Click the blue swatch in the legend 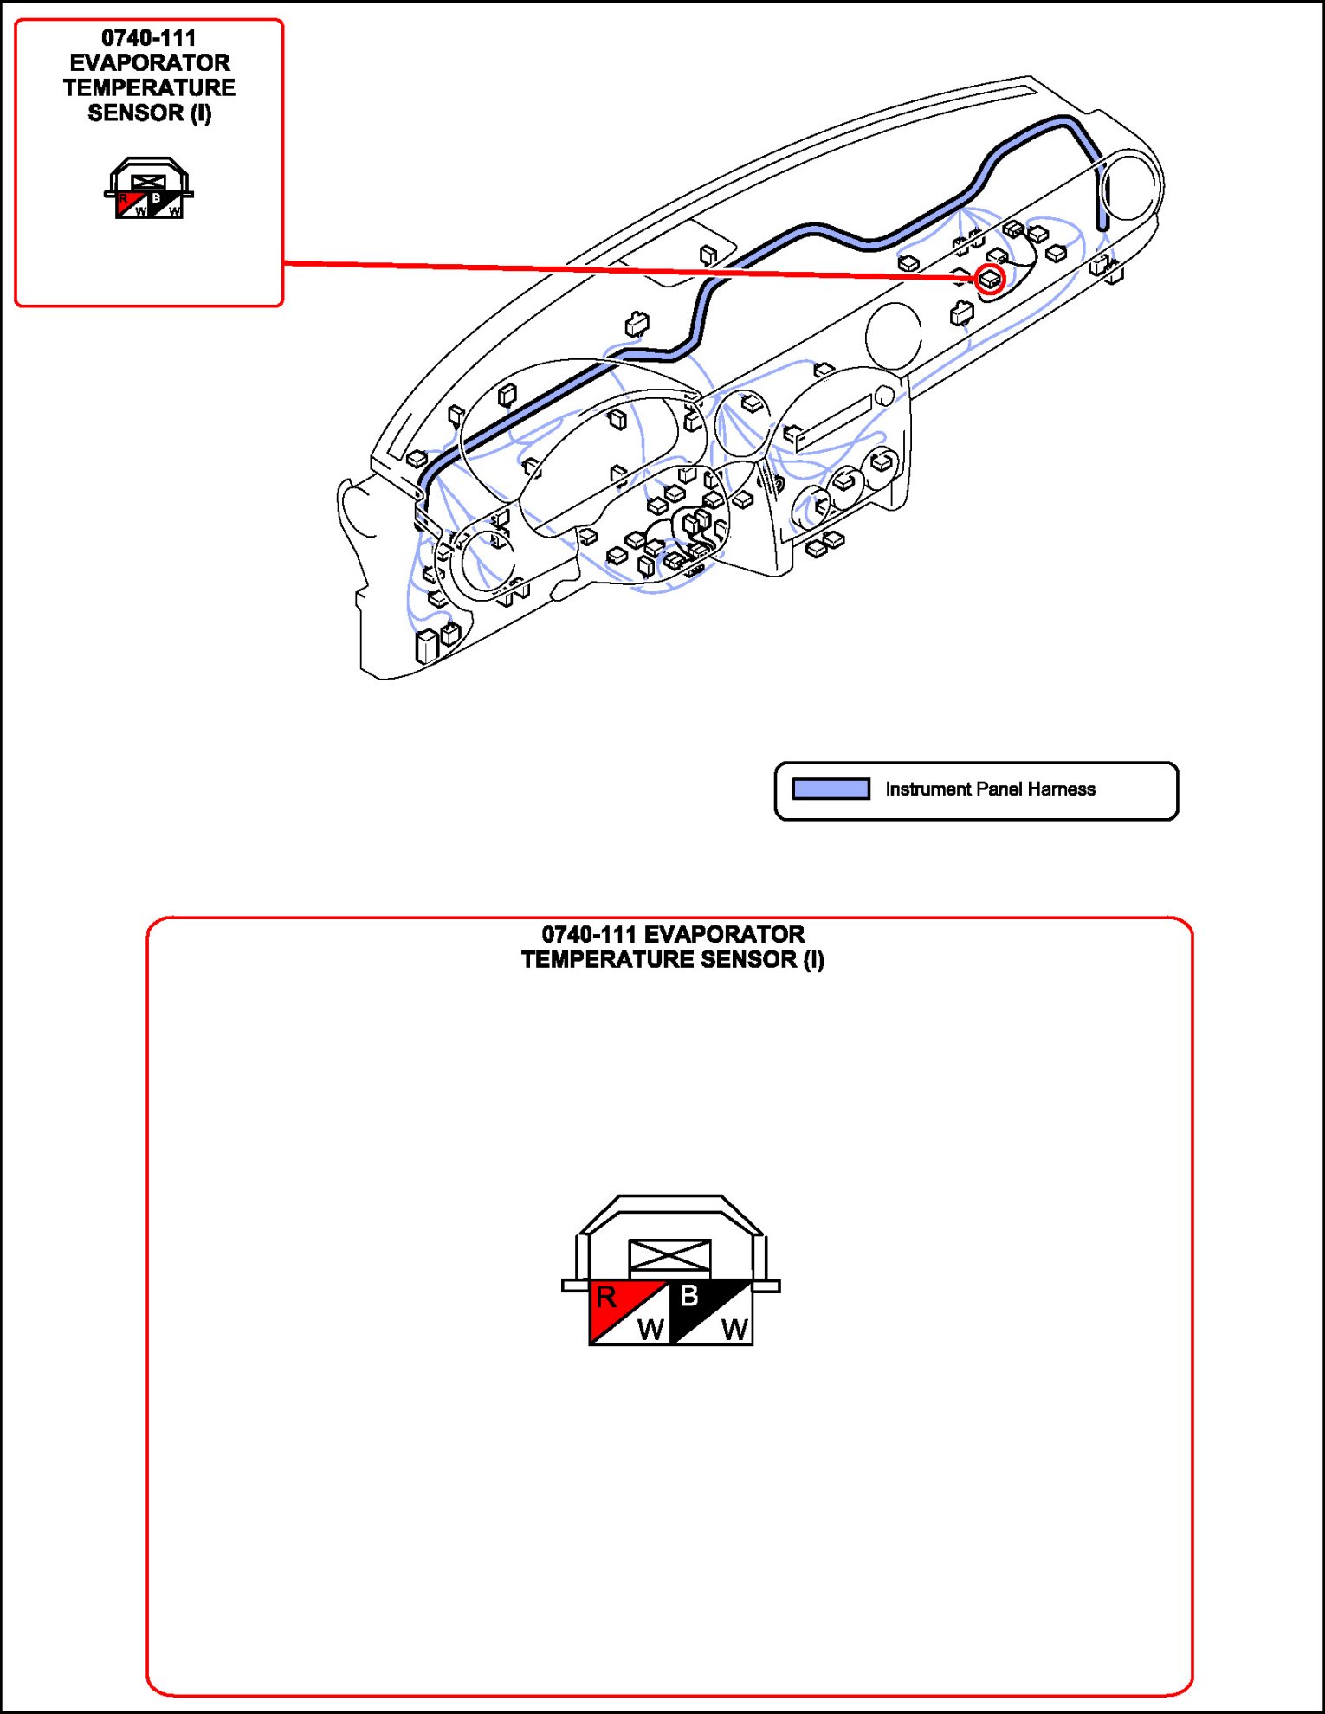[831, 789]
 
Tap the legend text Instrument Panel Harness [990, 789]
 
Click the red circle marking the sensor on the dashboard [990, 279]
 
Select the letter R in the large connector [606, 1297]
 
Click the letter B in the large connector [689, 1296]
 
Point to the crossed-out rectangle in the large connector [669, 1256]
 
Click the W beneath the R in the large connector [650, 1330]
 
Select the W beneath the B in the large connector [734, 1330]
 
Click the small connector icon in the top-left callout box [149, 188]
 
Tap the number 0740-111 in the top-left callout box [149, 38]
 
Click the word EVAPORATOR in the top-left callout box [150, 63]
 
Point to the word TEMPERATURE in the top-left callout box [149, 88]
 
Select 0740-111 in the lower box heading [589, 935]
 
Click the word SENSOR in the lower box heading [748, 960]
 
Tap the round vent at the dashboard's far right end [1131, 184]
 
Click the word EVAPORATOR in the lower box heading [724, 935]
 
